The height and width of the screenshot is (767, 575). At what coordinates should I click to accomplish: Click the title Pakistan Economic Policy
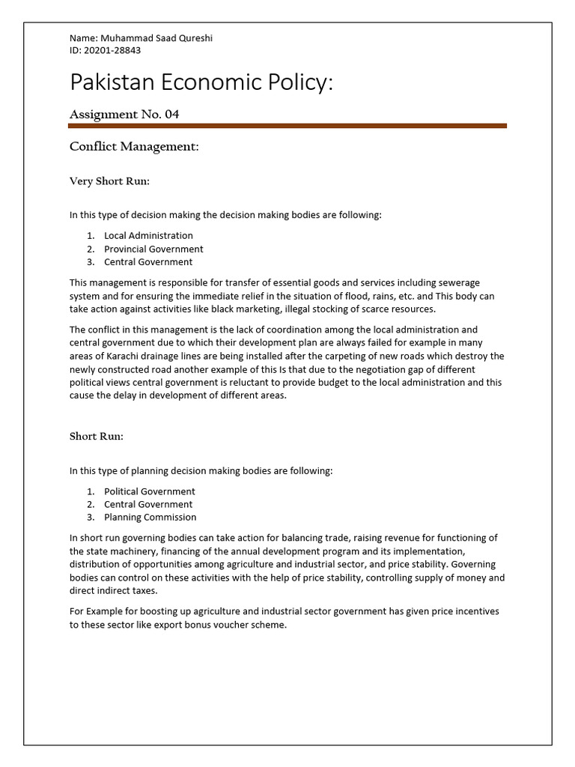pos(201,82)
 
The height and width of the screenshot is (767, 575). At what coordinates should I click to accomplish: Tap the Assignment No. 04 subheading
pos(124,115)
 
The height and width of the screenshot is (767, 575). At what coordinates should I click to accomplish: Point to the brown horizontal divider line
pos(287,126)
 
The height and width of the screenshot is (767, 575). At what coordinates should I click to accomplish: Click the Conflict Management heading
pos(134,147)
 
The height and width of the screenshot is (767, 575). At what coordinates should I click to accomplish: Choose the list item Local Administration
pos(148,236)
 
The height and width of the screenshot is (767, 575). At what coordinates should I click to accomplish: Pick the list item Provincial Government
pos(153,249)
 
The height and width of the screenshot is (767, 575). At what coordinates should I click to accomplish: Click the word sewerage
pos(460,283)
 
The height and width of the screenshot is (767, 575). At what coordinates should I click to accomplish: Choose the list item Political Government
pos(149,491)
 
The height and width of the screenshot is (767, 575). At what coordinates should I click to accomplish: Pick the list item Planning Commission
pos(150,517)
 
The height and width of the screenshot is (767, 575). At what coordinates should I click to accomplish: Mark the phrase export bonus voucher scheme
pos(225,625)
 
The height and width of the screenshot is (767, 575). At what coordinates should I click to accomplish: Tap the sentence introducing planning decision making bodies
pos(201,471)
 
